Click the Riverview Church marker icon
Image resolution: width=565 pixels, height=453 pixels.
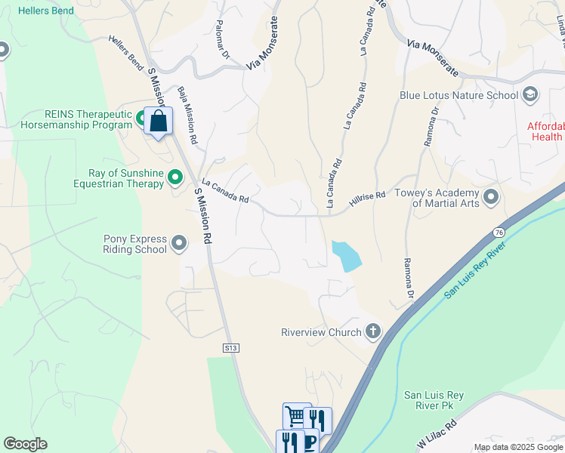pyautogui.click(x=372, y=331)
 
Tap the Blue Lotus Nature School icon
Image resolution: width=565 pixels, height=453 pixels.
pyautogui.click(x=530, y=94)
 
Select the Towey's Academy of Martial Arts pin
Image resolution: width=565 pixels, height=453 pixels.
pyautogui.click(x=492, y=198)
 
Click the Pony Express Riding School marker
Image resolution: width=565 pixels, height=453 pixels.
pyautogui.click(x=179, y=243)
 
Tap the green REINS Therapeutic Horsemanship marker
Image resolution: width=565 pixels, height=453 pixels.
pyautogui.click(x=141, y=118)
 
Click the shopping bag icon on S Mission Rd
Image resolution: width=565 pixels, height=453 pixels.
pyautogui.click(x=159, y=121)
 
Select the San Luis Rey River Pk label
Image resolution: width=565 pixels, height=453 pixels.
pyautogui.click(x=434, y=400)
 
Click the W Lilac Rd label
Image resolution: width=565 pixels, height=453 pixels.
pyautogui.click(x=438, y=436)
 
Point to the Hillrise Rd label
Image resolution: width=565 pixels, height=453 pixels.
pyautogui.click(x=368, y=200)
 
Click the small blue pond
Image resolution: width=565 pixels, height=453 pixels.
pyautogui.click(x=345, y=255)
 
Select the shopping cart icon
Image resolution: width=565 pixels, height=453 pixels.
pyautogui.click(x=295, y=415)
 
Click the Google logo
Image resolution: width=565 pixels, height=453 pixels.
pyautogui.click(x=25, y=444)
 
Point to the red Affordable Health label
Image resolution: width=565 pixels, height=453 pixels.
pyautogui.click(x=545, y=131)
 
